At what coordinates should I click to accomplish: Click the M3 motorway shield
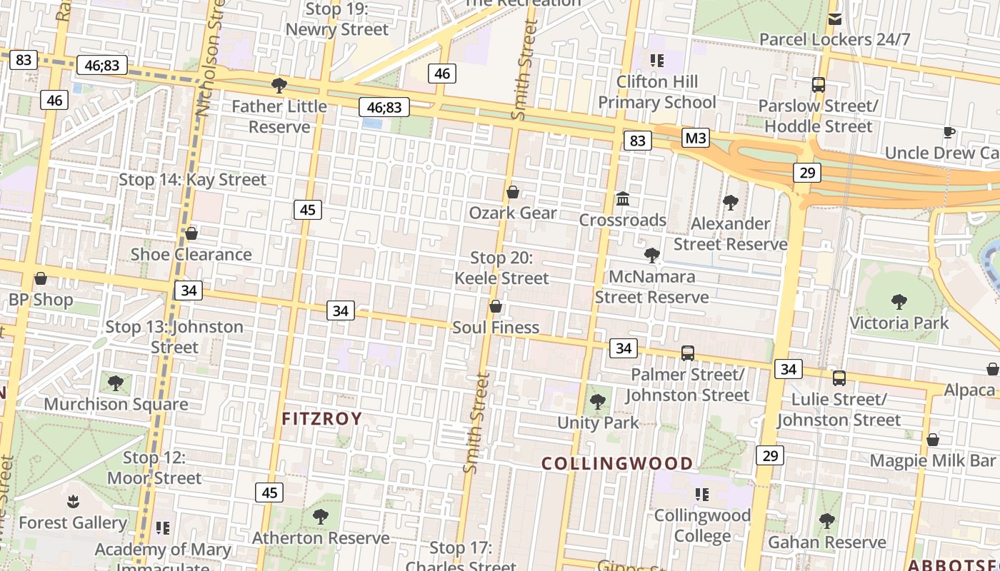(x=695, y=137)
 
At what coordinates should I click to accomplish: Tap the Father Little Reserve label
(x=279, y=116)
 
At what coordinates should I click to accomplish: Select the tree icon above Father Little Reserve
(x=279, y=86)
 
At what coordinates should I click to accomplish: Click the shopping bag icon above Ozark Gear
(x=513, y=192)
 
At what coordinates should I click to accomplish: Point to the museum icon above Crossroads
(x=623, y=198)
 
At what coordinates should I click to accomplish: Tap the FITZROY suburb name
(x=322, y=418)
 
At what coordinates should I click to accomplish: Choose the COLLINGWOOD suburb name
(x=617, y=463)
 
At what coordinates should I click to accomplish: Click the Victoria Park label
(x=899, y=323)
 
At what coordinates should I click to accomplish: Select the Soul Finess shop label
(x=496, y=328)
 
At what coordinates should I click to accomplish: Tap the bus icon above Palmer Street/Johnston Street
(x=687, y=353)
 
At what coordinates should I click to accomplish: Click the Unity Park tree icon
(x=598, y=402)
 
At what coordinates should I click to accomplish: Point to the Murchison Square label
(x=116, y=404)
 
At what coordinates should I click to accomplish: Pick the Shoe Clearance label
(x=191, y=254)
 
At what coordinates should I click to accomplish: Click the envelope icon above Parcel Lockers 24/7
(x=834, y=19)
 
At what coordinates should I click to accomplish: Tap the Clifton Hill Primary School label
(x=656, y=92)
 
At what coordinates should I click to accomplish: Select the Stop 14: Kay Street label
(x=192, y=180)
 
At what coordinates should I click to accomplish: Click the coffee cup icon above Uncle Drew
(x=949, y=132)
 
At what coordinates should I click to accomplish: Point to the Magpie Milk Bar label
(x=932, y=460)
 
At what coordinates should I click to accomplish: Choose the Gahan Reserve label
(x=826, y=542)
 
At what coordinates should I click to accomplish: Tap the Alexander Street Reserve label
(x=730, y=234)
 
